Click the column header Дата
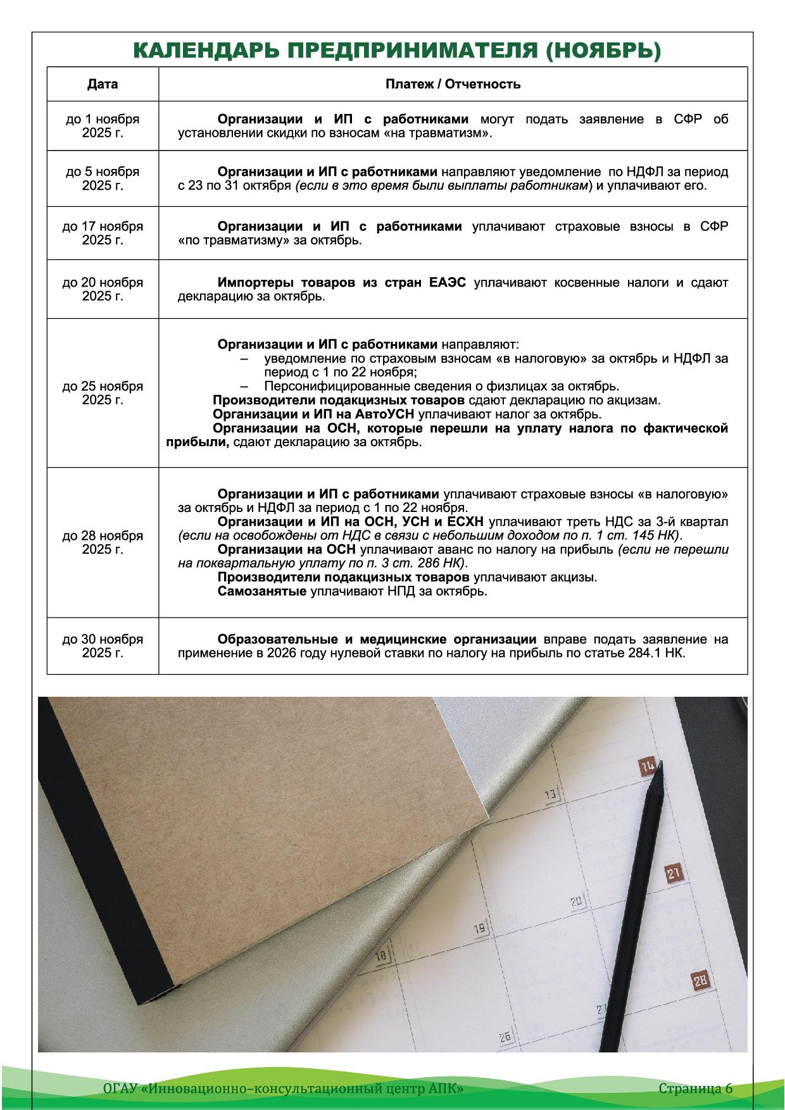click(x=103, y=84)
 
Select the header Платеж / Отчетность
click(x=453, y=84)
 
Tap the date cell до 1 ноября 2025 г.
click(x=103, y=126)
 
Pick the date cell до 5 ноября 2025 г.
click(x=103, y=178)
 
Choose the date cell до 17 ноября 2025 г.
click(x=103, y=233)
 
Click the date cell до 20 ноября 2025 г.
click(x=103, y=289)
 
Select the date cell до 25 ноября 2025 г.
click(x=103, y=393)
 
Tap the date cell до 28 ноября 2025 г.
click(x=103, y=542)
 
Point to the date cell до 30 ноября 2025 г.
click(x=103, y=645)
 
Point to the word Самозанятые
click(x=262, y=592)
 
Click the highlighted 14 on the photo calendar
click(x=647, y=766)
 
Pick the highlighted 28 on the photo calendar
click(x=700, y=981)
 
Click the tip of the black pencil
click(x=660, y=764)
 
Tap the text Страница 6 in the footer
click(x=695, y=1088)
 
